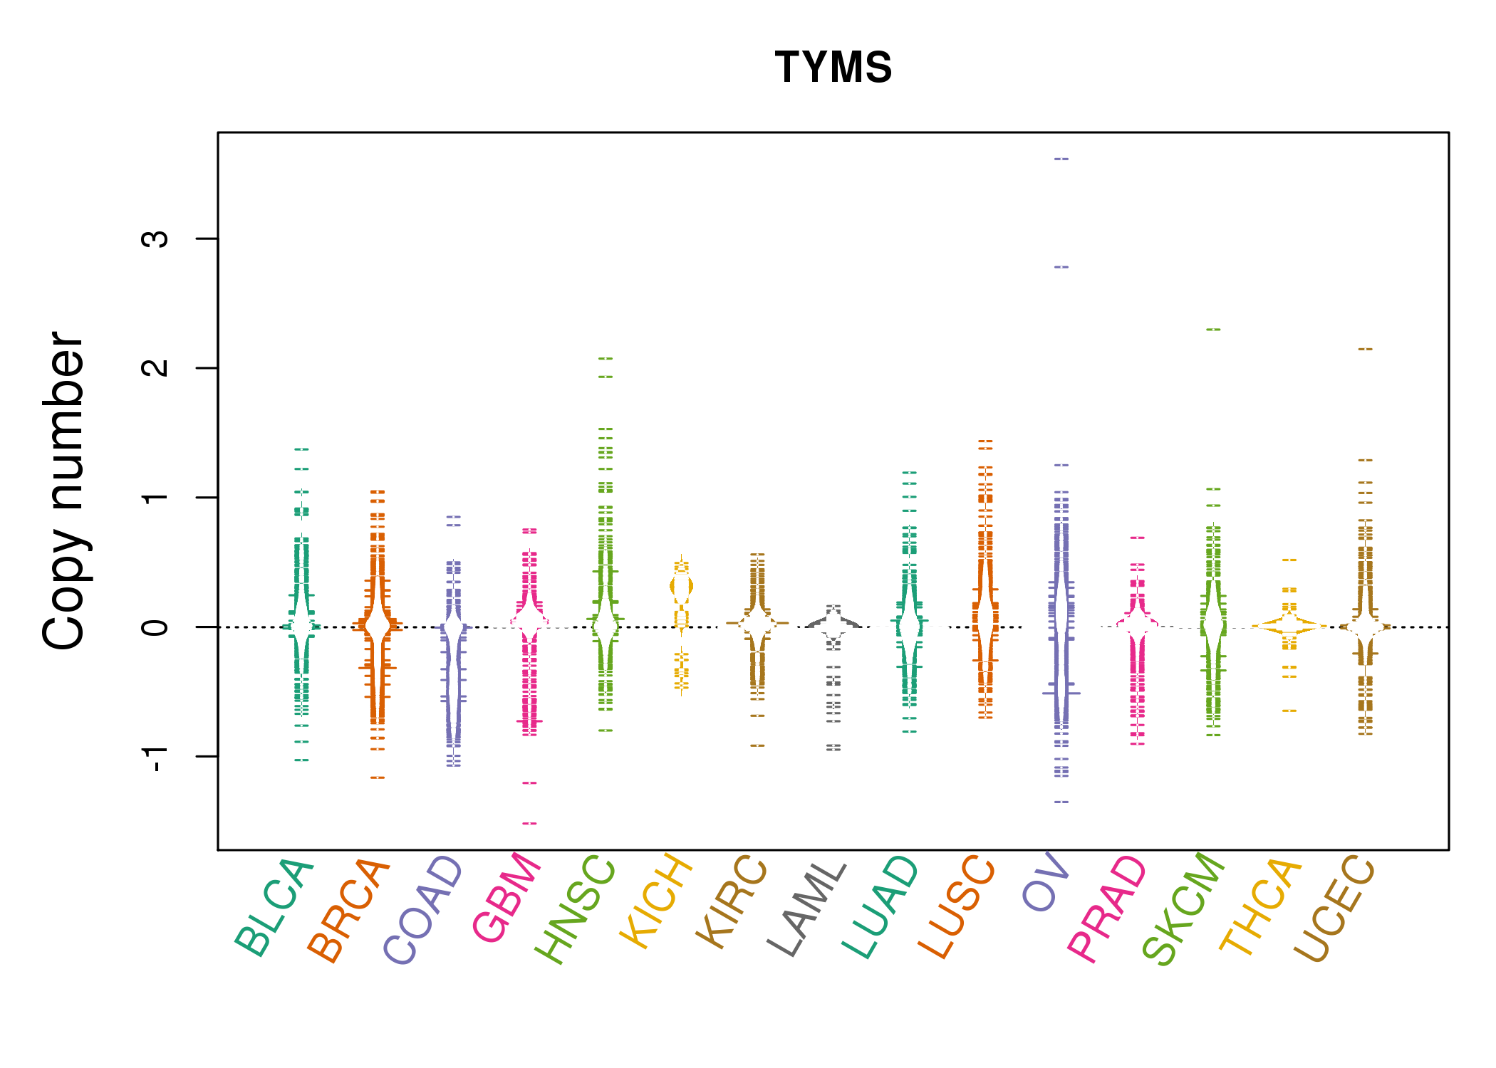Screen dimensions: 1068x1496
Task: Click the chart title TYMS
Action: point(833,68)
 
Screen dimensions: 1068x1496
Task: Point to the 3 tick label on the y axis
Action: point(155,239)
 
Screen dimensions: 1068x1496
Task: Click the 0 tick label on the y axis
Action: point(155,627)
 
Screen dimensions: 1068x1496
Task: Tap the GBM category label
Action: point(507,898)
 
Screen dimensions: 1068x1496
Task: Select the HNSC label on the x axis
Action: point(575,910)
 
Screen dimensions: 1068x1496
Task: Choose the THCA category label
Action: point(1261,907)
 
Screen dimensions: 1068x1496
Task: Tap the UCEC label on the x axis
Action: point(1334,910)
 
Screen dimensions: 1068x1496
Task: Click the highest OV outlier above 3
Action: point(1061,159)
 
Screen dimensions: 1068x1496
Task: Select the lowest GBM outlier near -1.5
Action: point(529,824)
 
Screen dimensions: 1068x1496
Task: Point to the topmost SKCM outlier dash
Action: point(1213,330)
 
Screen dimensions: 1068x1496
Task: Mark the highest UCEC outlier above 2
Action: point(1365,349)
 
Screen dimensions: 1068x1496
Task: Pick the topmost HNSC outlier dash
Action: point(606,358)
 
